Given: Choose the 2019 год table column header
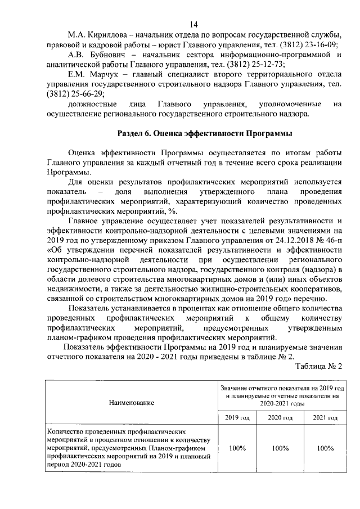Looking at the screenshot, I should pyautogui.click(x=237, y=418).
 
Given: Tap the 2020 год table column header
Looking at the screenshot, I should pyautogui.click(x=280, y=418).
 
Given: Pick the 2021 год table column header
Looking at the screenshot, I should pyautogui.click(x=325, y=418).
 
